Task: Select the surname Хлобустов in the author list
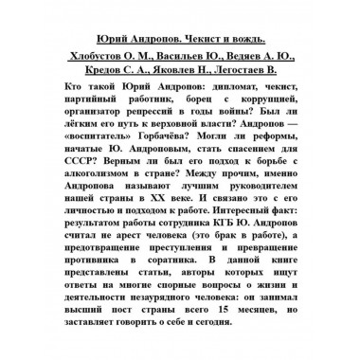point(99,58)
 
